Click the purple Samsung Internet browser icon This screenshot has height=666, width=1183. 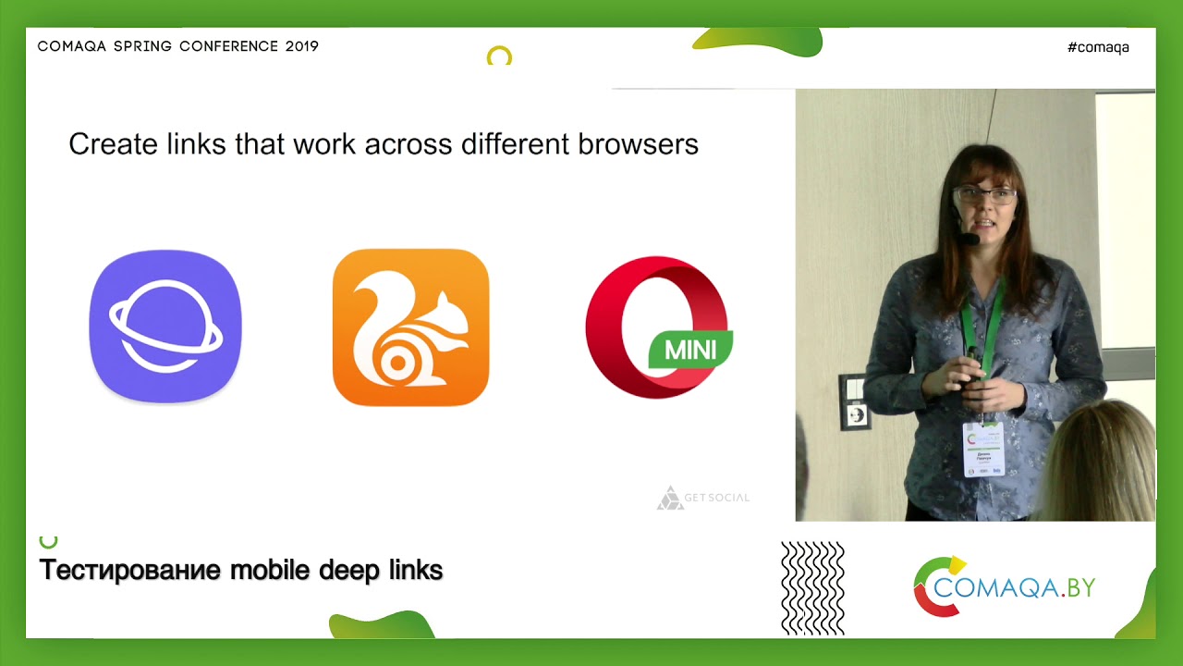165,327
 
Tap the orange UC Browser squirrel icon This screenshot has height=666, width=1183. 410,327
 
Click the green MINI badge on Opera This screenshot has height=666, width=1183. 690,350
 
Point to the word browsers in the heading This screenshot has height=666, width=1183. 638,144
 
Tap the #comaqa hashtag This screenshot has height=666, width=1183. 1098,47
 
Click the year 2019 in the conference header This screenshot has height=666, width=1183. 302,46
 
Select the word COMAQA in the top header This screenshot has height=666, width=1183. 73,46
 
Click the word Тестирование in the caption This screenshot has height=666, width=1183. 129,570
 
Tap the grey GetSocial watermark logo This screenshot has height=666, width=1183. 703,498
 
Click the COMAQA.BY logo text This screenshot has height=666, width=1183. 1015,587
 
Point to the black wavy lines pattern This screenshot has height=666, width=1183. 812,588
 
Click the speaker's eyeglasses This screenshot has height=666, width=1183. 985,195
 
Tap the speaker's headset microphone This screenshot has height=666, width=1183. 968,239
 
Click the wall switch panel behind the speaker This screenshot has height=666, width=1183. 855,401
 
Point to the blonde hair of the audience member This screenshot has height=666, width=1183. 1104,462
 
